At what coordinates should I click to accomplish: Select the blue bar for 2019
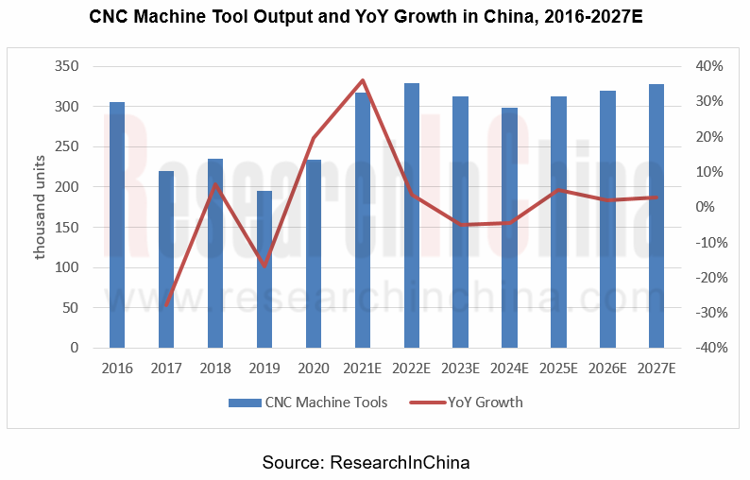point(264,269)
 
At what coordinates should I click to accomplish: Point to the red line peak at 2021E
point(363,80)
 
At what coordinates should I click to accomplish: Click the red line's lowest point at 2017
point(166,306)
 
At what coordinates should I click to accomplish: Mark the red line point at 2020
point(314,138)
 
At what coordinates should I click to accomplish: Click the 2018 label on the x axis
point(215,368)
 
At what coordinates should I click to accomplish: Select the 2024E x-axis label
point(509,368)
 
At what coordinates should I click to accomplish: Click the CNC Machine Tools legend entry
point(308,403)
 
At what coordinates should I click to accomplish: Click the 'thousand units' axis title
point(41,208)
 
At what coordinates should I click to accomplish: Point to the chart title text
point(374,17)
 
